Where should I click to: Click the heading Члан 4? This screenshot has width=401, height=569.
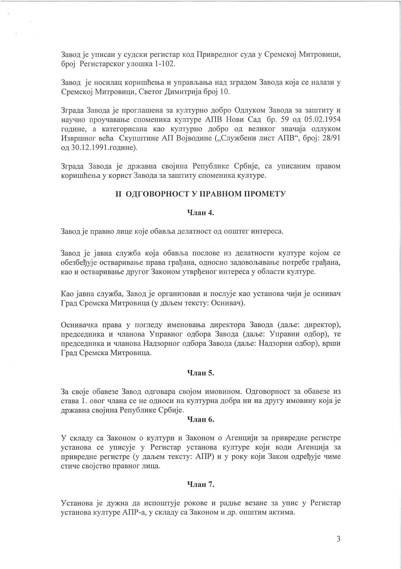pos(200,213)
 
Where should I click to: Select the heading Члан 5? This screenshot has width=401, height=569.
pos(200,373)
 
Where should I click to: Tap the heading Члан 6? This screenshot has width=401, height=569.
pos(200,419)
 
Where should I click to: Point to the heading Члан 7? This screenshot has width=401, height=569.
pos(200,484)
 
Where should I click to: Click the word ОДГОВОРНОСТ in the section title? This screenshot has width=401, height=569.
pos(157,194)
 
